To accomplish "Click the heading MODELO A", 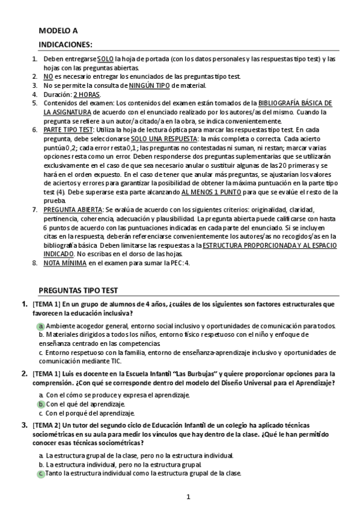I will [x=58, y=30].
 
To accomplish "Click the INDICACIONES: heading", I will [x=66, y=45].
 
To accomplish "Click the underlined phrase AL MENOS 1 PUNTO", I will [x=210, y=192].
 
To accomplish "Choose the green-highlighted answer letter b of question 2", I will [x=41, y=404].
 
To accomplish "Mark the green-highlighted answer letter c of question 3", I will [x=41, y=473].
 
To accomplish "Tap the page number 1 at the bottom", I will [x=188, y=497].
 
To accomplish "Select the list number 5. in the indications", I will [x=35, y=103].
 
